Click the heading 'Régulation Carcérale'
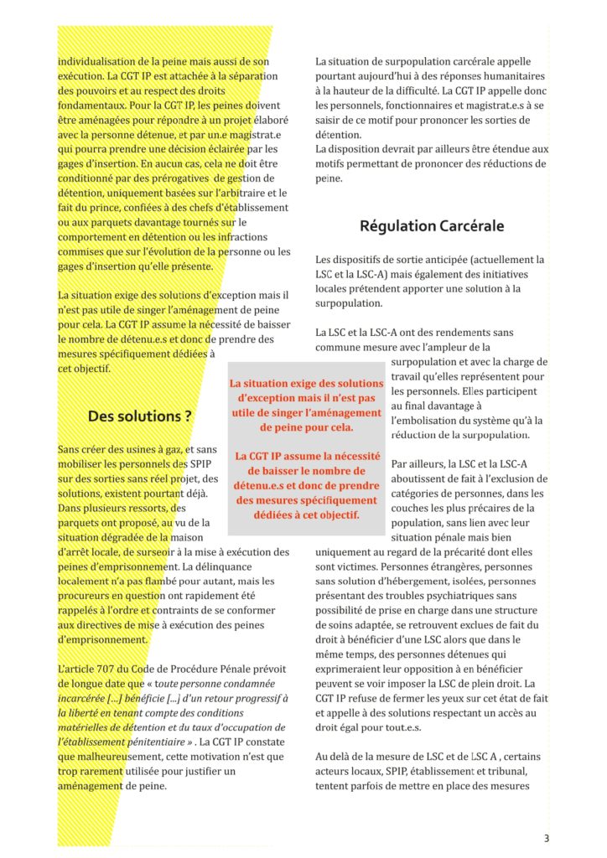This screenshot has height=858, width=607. (432, 226)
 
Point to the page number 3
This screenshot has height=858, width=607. (546, 838)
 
